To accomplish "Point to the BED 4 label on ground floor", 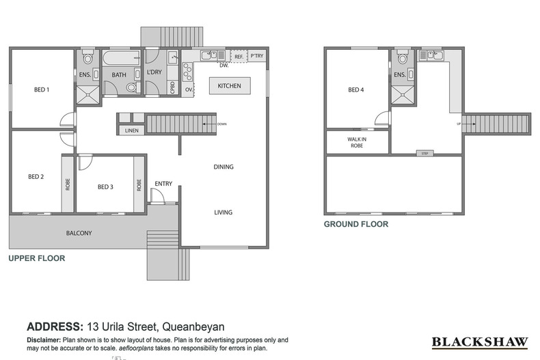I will pyautogui.click(x=356, y=89).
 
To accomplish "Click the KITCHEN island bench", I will pyautogui.click(x=230, y=86).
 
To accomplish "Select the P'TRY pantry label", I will pyautogui.click(x=257, y=56).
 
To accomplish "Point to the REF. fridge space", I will pyautogui.click(x=239, y=57).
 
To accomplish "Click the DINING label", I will pyautogui.click(x=224, y=167).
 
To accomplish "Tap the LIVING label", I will pyautogui.click(x=224, y=212).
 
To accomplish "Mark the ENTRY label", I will pyautogui.click(x=163, y=183).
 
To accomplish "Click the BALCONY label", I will pyautogui.click(x=79, y=233).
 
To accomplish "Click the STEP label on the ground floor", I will pyautogui.click(x=425, y=153).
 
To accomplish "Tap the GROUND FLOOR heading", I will pyautogui.click(x=355, y=224).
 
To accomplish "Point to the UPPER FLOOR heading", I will pyautogui.click(x=36, y=259).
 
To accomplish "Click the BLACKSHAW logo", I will pyautogui.click(x=479, y=342).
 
